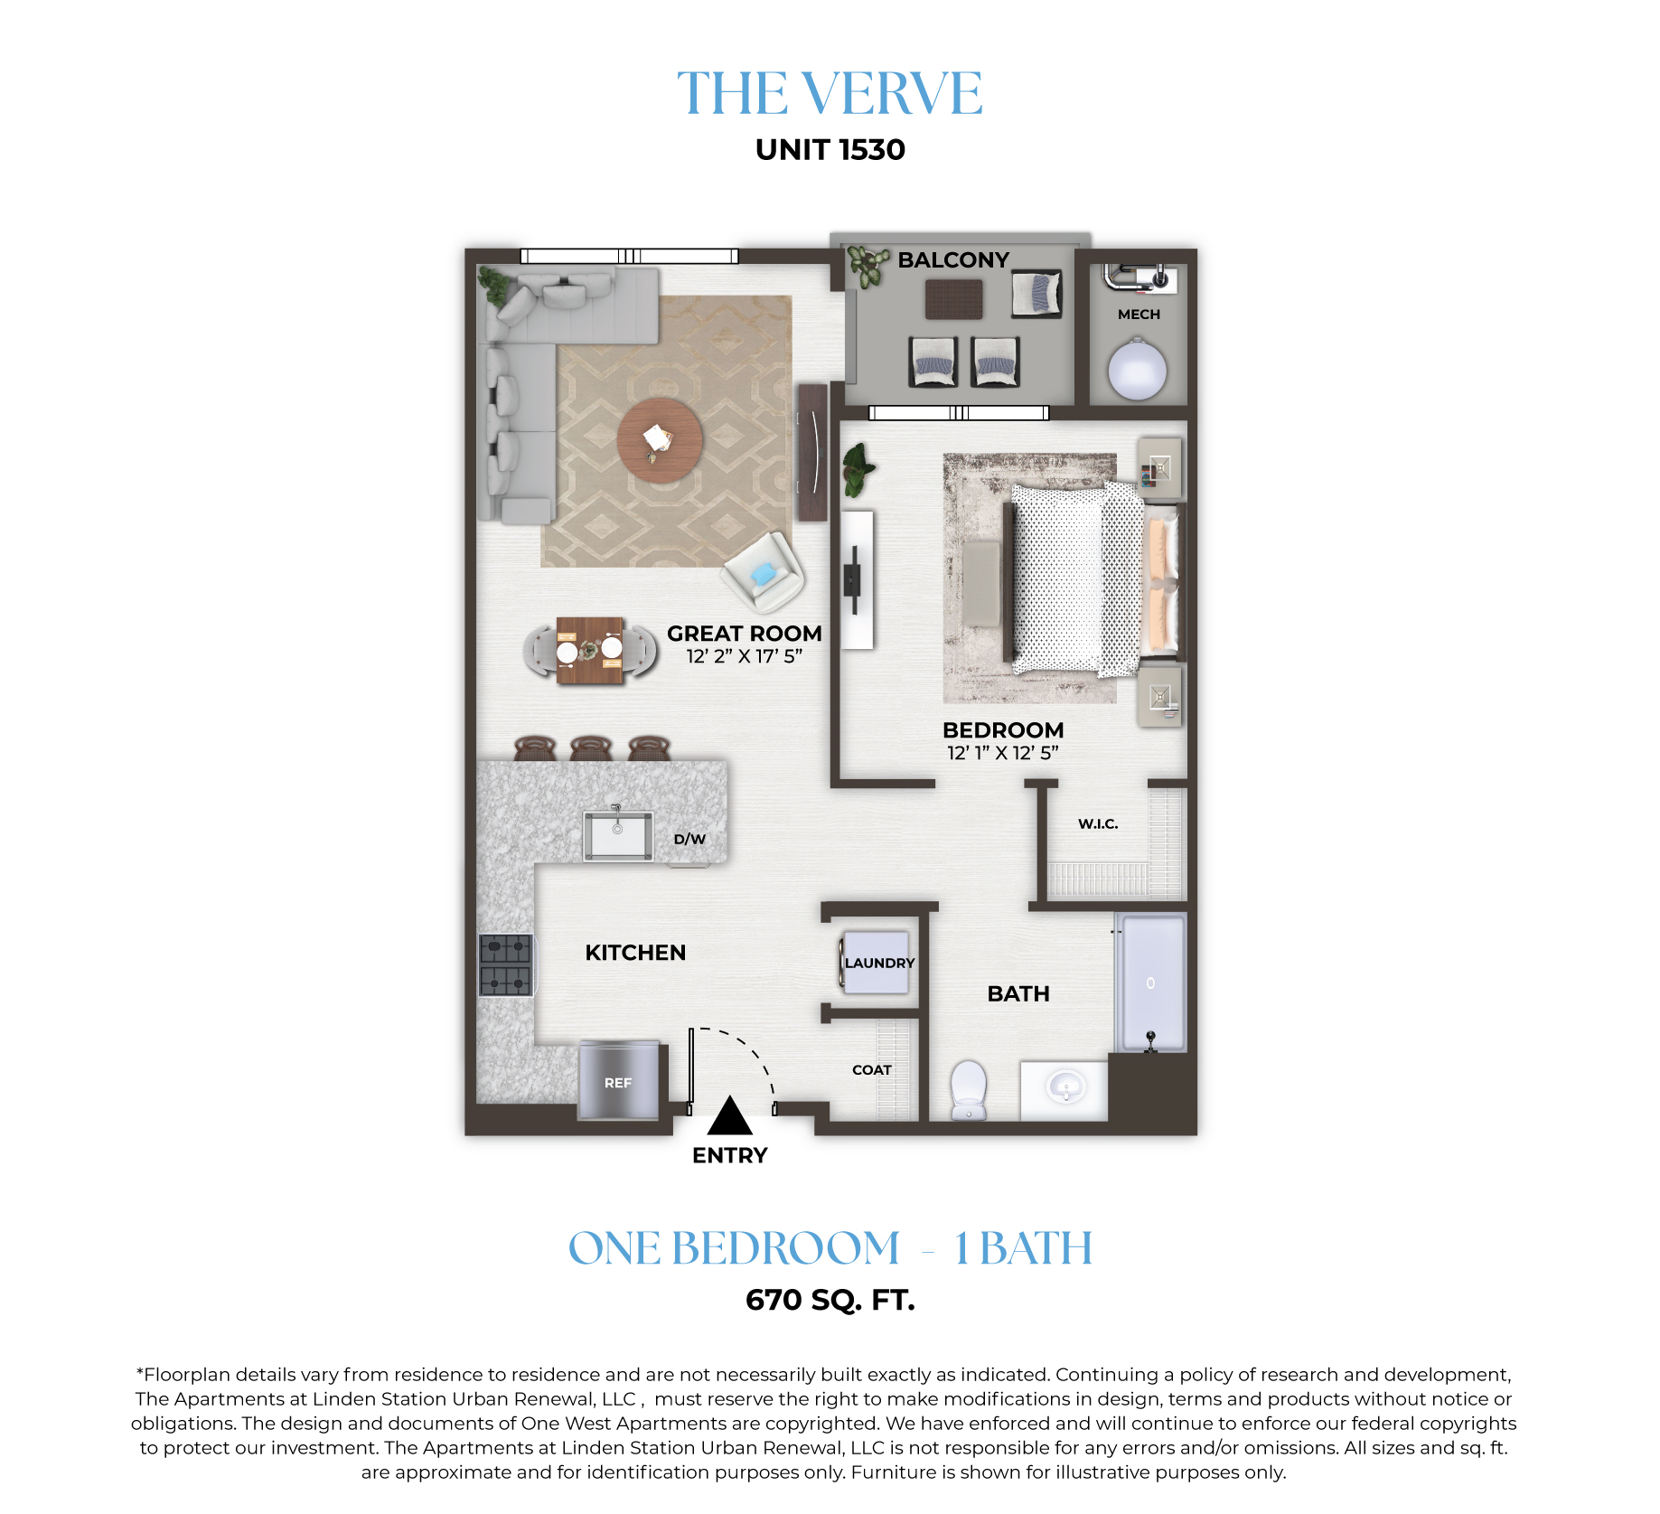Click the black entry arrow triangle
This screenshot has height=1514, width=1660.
[x=729, y=1115]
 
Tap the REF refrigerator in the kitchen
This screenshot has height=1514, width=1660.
[x=619, y=1080]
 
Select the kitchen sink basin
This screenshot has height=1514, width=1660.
[x=618, y=835]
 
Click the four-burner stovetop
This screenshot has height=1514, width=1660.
[x=505, y=965]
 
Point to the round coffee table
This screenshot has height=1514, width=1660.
[x=660, y=441]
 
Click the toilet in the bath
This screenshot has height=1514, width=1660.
[x=969, y=1090]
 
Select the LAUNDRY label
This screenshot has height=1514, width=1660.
[x=879, y=964]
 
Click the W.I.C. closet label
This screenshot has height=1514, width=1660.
[x=1098, y=823]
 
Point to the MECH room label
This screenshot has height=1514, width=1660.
[x=1139, y=315]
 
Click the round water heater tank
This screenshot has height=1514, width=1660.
[x=1137, y=369]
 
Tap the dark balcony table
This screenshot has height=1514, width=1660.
[x=953, y=299]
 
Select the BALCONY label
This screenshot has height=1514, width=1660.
[x=953, y=260]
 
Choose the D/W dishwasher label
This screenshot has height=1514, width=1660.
[x=689, y=839]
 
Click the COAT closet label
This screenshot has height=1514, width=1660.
[x=872, y=1070]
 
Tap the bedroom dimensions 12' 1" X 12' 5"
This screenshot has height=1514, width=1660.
[x=1002, y=753]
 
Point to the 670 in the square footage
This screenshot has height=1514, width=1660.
[x=774, y=1300]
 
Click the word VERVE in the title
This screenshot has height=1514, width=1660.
[x=892, y=93]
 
